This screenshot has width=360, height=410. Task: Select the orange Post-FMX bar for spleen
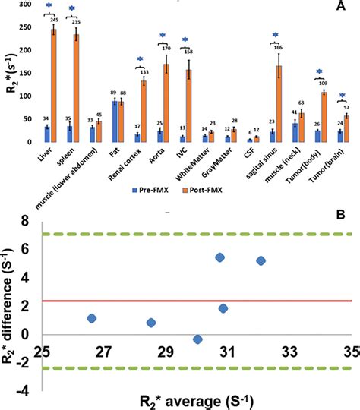[76, 87]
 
